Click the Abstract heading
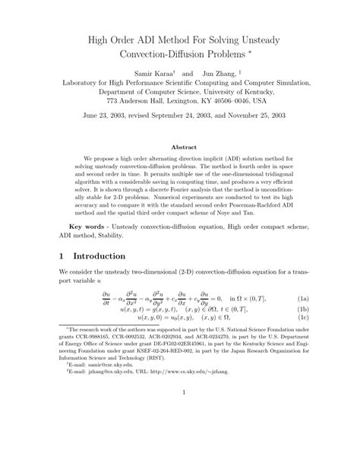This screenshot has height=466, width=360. coord(179,146)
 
